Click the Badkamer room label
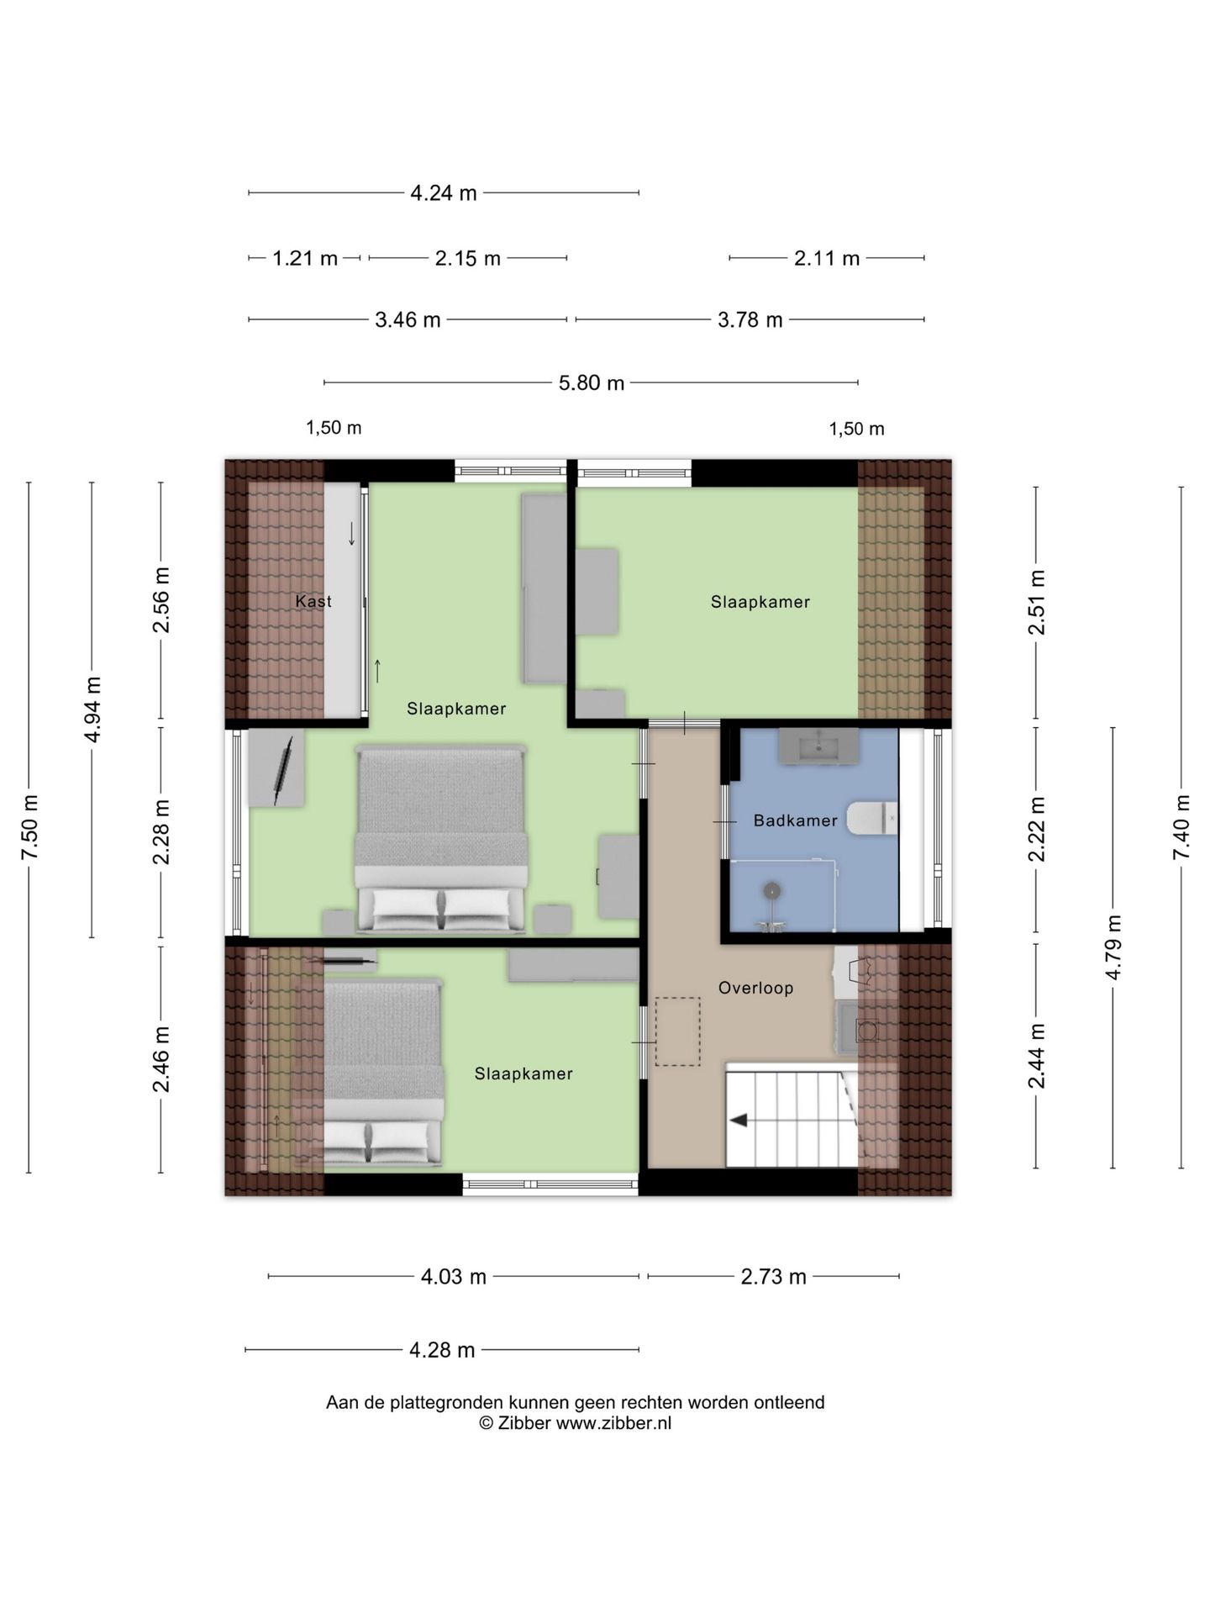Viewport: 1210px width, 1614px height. [795, 820]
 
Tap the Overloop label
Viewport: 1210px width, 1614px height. [755, 988]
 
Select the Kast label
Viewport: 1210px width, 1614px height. [313, 601]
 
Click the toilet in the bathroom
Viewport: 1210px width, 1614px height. [871, 819]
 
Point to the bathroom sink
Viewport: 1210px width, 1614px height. [818, 746]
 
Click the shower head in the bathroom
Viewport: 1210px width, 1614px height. [771, 890]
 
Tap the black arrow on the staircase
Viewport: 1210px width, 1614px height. [740, 1121]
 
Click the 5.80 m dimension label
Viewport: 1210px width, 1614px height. [592, 383]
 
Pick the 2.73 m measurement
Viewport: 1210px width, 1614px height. [773, 1277]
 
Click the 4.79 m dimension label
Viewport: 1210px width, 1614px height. [1113, 947]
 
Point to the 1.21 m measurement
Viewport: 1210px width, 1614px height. [305, 259]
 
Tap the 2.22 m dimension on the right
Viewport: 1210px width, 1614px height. [1037, 829]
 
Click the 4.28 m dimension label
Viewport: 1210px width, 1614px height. [442, 1350]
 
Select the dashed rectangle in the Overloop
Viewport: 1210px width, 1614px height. [677, 1031]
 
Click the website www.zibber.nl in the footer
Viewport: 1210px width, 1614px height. [613, 1423]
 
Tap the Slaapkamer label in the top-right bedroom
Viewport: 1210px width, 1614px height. [760, 602]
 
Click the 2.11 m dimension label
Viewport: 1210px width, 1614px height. [827, 259]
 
